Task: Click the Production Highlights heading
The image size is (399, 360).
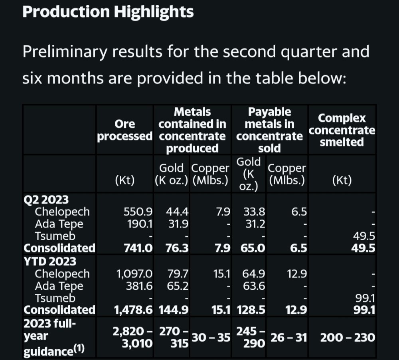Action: coord(108,12)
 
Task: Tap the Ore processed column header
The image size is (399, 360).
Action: coord(125,130)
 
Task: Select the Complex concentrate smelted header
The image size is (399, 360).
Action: coord(342,130)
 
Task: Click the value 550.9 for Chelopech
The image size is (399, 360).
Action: coord(138,212)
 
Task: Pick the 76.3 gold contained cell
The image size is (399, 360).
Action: coord(177,248)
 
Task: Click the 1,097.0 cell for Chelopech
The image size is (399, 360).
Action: coord(134,274)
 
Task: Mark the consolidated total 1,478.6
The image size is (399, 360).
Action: coord(133,310)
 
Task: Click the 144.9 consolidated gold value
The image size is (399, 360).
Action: coord(174,310)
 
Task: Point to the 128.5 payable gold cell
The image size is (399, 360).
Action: coord(251,310)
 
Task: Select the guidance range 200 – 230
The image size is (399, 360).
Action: coord(348,338)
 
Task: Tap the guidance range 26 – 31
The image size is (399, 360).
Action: coord(288,338)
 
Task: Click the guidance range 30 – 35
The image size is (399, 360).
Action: coord(211,338)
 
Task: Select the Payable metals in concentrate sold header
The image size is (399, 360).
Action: coord(269,130)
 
